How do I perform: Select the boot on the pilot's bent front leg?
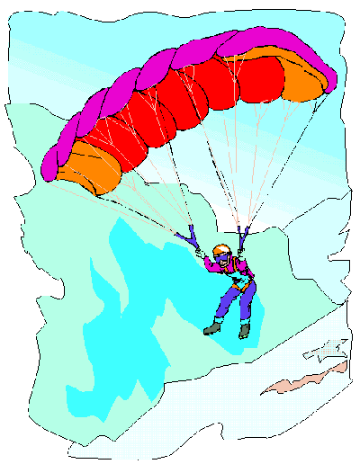pos(211,328)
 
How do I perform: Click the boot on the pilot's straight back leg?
pos(244,330)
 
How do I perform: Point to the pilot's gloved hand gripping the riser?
pos(200,254)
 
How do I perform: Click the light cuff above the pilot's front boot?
pos(216,320)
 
